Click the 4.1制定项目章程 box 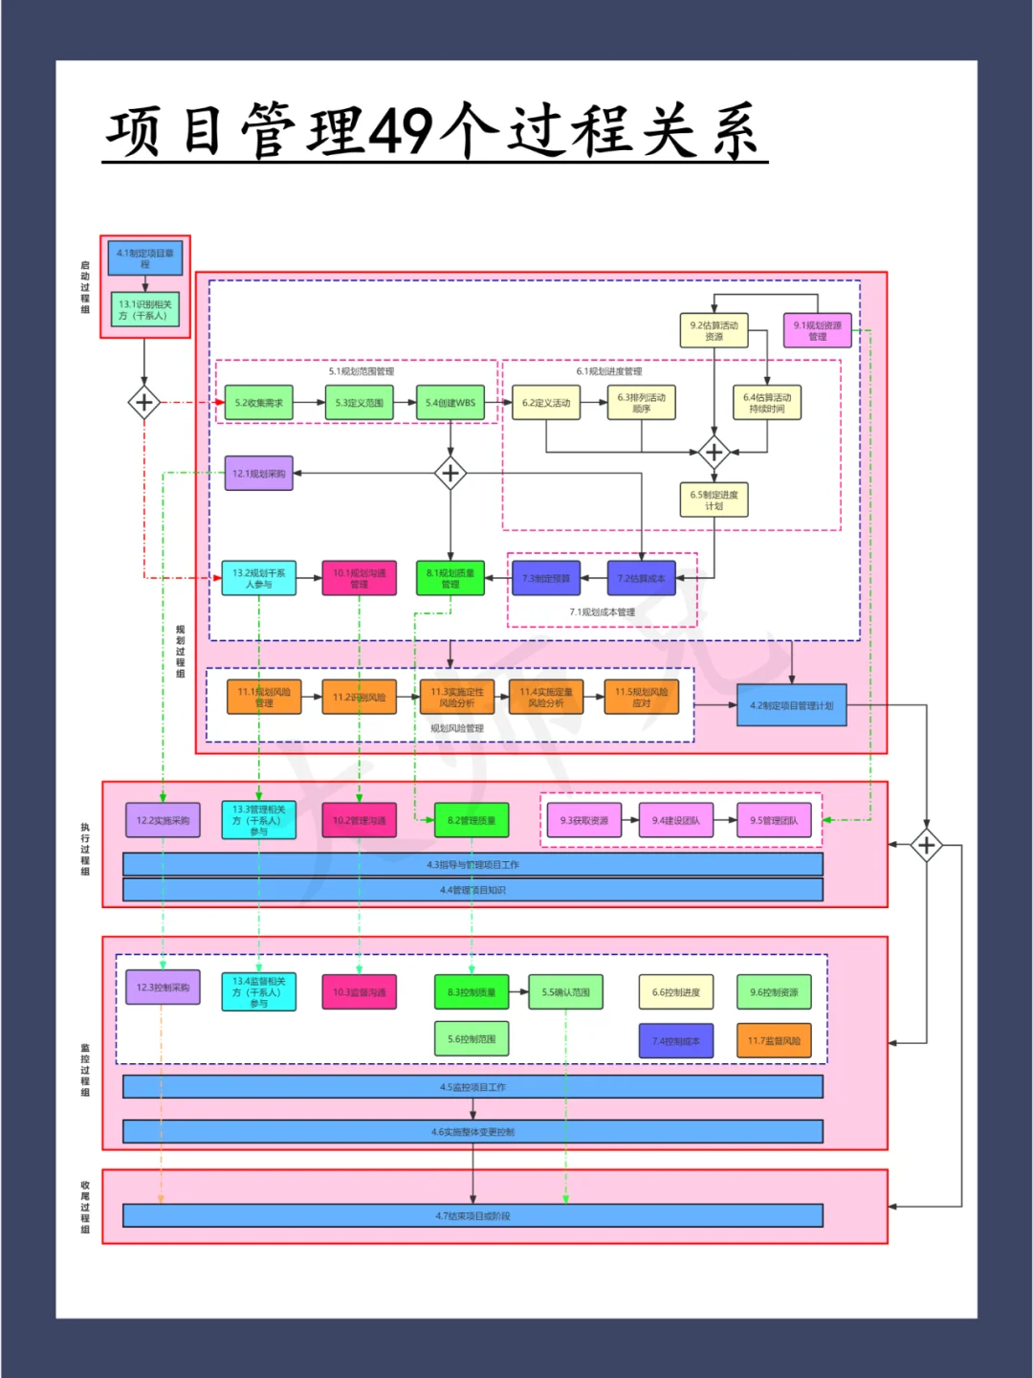coord(144,258)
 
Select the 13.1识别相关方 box coord(144,309)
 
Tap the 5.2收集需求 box coord(258,403)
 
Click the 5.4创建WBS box coord(451,403)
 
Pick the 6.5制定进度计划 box coord(714,500)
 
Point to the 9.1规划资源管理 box coord(817,330)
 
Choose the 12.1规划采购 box coord(258,474)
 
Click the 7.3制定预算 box coord(546,578)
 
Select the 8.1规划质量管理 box coord(451,578)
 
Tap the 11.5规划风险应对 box coord(642,698)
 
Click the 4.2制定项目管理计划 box coord(791,705)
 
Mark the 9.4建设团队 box coord(676,820)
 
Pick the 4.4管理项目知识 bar coord(473,890)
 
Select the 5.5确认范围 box coord(565,992)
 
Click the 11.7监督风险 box coord(774,1041)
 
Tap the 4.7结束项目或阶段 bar coord(473,1216)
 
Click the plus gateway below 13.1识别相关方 coord(144,403)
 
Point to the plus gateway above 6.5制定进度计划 coord(714,452)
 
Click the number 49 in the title coord(401,131)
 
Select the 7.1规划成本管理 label coord(603,612)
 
